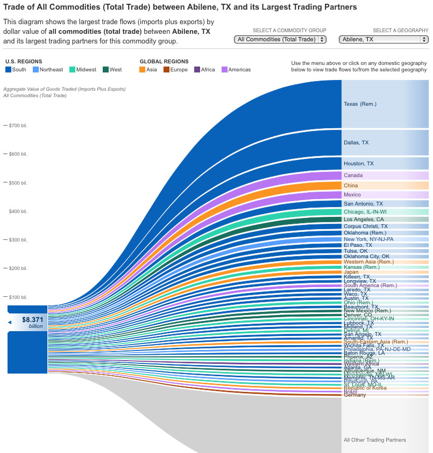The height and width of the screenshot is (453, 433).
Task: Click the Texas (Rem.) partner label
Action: (360, 104)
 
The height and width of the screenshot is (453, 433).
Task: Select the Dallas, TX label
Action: (356, 143)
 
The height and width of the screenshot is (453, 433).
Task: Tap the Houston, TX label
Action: (358, 163)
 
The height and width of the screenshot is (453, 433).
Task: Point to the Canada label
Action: (353, 176)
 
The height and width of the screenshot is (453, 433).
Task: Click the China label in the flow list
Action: (351, 185)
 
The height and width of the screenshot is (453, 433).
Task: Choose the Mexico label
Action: (352, 195)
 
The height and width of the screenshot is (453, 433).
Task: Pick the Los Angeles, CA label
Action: (364, 219)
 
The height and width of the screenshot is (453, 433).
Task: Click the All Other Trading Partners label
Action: (374, 440)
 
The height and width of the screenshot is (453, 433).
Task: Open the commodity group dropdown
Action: (280, 39)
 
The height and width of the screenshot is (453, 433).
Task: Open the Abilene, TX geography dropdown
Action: (384, 39)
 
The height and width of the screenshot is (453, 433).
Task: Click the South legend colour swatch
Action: (8, 70)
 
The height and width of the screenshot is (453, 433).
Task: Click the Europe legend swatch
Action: (167, 70)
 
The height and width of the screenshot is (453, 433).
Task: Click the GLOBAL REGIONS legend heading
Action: (164, 62)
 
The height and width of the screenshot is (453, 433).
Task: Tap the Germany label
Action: (354, 396)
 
